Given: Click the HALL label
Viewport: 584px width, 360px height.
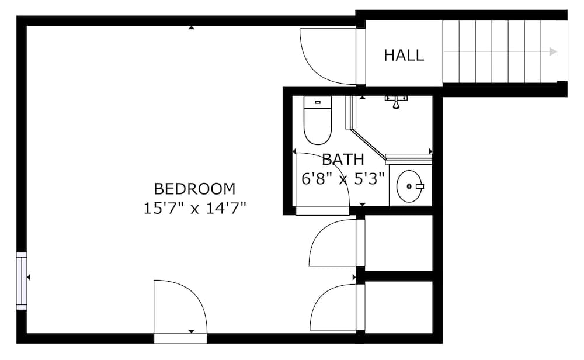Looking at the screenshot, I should click(404, 56).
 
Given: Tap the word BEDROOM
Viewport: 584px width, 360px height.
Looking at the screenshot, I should click(194, 189).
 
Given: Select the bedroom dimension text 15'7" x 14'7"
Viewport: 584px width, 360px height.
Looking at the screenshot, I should click(194, 207).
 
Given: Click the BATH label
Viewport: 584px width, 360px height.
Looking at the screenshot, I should click(343, 159).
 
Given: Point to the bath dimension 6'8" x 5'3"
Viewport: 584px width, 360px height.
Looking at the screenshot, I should click(343, 178).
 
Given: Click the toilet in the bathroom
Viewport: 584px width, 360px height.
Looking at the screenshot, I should click(318, 124).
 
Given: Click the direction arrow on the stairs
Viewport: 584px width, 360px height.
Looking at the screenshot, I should click(552, 51).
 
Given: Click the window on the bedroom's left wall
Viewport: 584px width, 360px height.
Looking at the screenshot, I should click(22, 281).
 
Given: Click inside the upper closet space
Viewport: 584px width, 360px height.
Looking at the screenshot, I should click(398, 242).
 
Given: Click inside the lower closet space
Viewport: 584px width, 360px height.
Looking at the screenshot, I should click(398, 306).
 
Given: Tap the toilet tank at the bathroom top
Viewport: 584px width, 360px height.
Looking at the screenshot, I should click(318, 102).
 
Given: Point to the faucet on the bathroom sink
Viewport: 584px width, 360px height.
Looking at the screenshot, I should click(418, 186).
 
